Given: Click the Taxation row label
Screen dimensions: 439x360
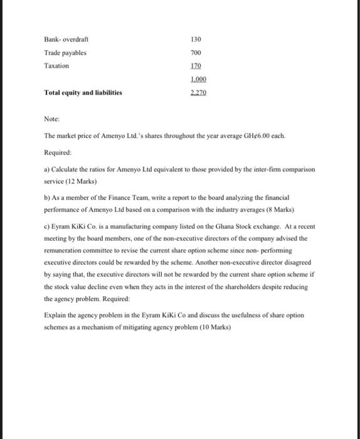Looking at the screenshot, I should point(56,66).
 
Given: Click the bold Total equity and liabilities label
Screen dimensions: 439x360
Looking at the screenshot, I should point(83,93).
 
